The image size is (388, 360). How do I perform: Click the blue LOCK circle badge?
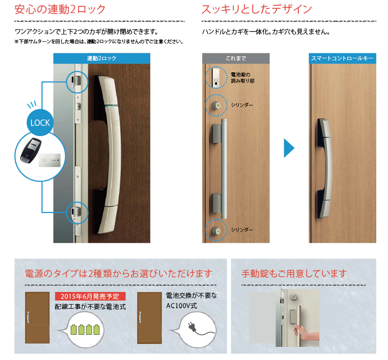point(40,122)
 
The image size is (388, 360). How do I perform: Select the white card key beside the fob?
point(49,160)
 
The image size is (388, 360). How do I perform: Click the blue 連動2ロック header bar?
point(102,58)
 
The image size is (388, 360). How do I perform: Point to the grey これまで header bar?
point(236,58)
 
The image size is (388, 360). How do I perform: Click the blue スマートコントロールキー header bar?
point(342,58)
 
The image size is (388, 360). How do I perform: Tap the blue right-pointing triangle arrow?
point(289,148)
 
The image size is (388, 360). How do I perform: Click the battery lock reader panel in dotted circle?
point(216,77)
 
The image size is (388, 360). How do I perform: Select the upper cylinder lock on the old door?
point(216,105)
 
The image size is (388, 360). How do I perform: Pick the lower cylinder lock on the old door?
point(216,231)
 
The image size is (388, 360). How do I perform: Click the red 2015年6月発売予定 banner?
point(90,296)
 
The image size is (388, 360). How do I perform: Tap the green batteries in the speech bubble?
point(85,329)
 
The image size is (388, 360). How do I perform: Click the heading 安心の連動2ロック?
point(60,9)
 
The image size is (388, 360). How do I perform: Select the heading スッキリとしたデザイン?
point(257,9)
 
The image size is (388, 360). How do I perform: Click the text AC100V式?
point(181,306)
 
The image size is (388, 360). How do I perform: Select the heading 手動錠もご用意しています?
point(294,274)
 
